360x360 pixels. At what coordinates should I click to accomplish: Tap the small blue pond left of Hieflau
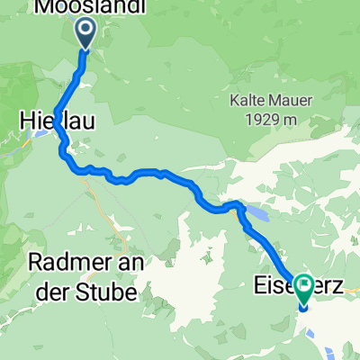40,136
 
